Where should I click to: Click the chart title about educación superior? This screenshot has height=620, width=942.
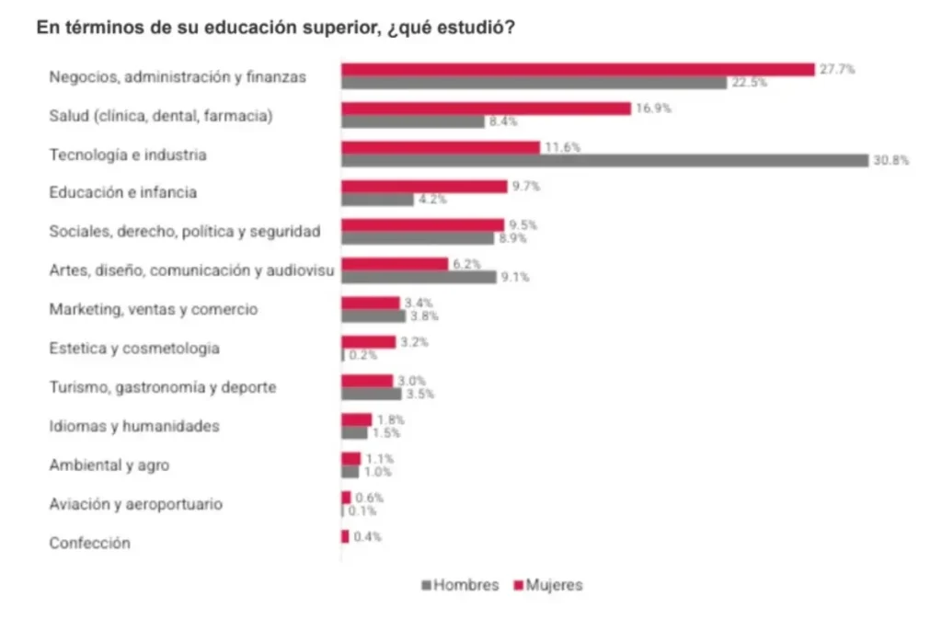tap(275, 29)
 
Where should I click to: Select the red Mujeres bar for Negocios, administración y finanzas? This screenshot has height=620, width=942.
tap(578, 70)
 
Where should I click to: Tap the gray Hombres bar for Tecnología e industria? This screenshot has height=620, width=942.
tap(604, 161)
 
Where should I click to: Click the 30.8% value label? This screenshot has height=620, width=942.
tap(891, 161)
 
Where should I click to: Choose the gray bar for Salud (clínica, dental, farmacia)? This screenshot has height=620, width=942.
tap(413, 121)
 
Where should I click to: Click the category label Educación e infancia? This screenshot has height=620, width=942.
tap(123, 193)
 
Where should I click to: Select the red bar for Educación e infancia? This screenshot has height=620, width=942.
tap(424, 187)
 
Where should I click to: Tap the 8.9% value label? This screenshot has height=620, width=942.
tap(511, 238)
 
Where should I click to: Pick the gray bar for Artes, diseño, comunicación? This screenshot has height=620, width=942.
tap(419, 277)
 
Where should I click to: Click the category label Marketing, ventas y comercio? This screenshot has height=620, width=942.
tap(154, 310)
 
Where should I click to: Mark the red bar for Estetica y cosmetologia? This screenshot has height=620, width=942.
tap(369, 342)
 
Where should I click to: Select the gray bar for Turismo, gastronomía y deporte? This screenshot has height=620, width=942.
tap(372, 394)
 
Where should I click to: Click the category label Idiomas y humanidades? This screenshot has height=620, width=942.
tap(134, 427)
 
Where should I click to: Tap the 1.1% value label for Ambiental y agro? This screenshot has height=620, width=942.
tap(380, 458)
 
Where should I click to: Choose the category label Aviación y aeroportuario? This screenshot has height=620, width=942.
tap(136, 504)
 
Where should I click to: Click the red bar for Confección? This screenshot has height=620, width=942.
tap(346, 536)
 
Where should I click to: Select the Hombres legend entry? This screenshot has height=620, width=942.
tap(460, 585)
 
